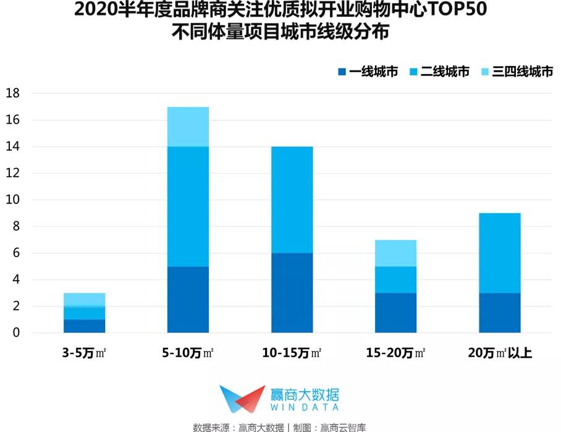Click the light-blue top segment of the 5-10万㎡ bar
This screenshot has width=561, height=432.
tap(188, 127)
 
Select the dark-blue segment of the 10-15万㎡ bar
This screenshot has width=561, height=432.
tap(292, 293)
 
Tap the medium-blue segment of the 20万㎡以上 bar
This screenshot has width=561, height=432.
tap(500, 253)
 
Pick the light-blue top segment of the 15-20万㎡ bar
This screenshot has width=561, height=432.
tap(395, 253)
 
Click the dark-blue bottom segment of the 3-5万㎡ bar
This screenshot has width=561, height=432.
tap(84, 326)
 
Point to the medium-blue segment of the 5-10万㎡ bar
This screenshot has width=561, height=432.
tap(188, 206)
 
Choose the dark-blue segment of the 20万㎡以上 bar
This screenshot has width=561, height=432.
tap(500, 313)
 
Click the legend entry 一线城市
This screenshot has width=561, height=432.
tap(368, 72)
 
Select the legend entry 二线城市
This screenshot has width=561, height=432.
tap(439, 72)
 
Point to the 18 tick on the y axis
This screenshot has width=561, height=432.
tap(14, 93)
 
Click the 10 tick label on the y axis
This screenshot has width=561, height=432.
tap(14, 200)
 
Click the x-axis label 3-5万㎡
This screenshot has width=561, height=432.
tap(84, 354)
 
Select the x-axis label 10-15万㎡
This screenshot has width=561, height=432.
tap(292, 354)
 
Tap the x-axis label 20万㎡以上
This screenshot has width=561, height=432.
tap(500, 354)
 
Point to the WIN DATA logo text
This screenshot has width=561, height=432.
tap(305, 407)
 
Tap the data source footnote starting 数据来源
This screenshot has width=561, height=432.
tap(280, 426)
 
